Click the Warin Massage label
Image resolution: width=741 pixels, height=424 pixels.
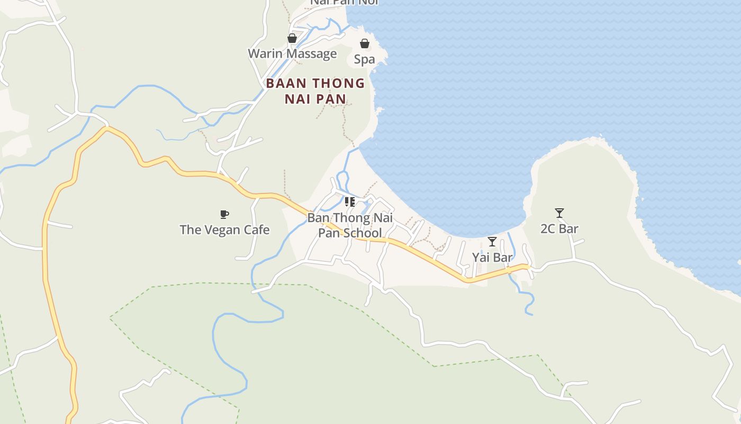tap(292, 54)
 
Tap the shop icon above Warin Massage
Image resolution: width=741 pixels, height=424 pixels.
tap(292, 38)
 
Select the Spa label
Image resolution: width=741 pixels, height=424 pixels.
tap(364, 59)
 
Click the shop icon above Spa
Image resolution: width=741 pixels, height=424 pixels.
tap(365, 43)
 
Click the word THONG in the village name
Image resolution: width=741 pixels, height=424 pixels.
tap(338, 84)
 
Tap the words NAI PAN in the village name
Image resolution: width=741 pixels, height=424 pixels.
tap(315, 99)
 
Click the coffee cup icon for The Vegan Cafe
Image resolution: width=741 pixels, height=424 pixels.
tap(224, 214)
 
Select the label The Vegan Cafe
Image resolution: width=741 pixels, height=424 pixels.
tap(224, 230)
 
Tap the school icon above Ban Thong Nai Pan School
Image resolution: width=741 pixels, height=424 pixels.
tap(350, 202)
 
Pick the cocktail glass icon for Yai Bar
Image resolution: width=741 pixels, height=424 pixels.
tap(492, 242)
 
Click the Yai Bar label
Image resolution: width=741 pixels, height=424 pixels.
tap(492, 258)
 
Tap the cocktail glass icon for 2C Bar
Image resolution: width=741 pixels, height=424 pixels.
tap(559, 213)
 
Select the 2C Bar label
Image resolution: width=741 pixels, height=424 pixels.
tap(559, 229)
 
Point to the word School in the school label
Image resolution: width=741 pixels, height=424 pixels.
tap(363, 233)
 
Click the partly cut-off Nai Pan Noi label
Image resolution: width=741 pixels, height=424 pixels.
tap(344, 2)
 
